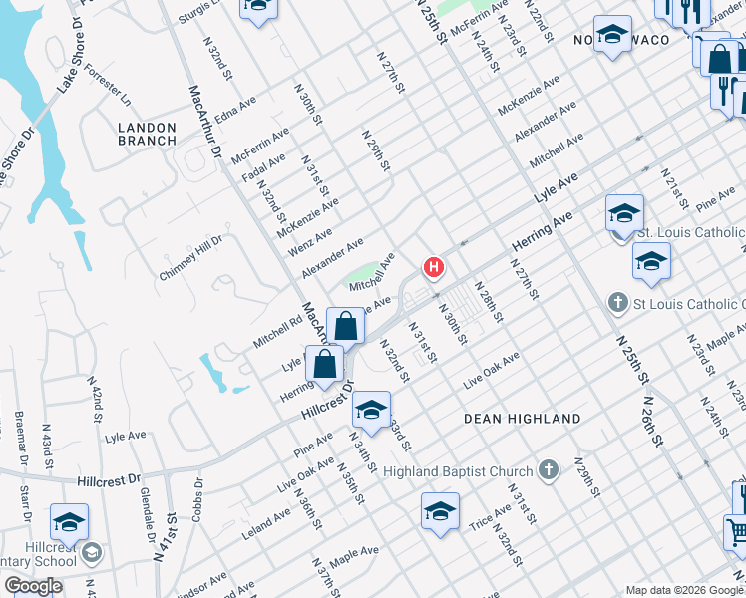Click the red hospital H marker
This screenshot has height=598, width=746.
tap(434, 267)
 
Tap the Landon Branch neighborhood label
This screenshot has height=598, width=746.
tap(147, 134)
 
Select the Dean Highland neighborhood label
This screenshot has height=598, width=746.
tap(523, 419)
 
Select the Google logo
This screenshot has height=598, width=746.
tap(33, 586)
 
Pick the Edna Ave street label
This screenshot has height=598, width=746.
tap(235, 109)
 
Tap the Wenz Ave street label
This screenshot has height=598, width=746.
tap(309, 240)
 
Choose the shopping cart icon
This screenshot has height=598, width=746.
tap(735, 532)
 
